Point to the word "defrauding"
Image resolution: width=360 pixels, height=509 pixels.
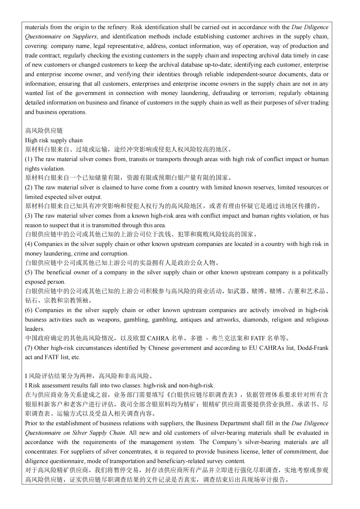tap(226, 93)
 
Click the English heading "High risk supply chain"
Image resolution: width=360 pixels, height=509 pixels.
tap(54, 140)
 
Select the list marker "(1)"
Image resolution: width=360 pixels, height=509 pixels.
tap(29, 159)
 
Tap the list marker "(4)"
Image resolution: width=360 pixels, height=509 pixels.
tap(29, 244)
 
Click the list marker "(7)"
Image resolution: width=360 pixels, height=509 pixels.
tap(29, 348)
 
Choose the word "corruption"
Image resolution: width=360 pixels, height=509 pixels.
tap(114, 254)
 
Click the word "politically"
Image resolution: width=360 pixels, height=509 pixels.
tap(315, 272)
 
